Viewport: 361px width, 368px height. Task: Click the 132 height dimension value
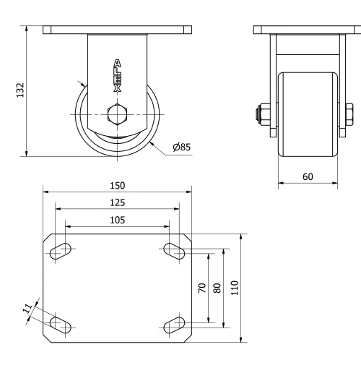point(21,90)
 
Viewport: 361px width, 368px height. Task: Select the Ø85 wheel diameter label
point(182,147)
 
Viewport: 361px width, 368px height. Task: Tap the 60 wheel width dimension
point(308,176)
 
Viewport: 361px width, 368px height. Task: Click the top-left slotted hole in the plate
point(61,251)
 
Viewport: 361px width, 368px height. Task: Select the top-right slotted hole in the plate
point(174,251)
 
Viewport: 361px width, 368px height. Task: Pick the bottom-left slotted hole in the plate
point(61,324)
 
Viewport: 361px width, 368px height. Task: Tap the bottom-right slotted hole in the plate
point(174,324)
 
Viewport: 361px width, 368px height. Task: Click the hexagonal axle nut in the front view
point(118,114)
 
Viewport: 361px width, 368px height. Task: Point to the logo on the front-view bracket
point(118,75)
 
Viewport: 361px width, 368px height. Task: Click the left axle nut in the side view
point(258,114)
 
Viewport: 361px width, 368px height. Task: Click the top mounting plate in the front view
point(118,30)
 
